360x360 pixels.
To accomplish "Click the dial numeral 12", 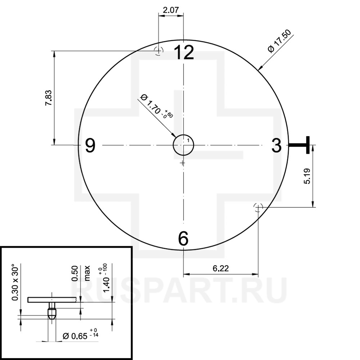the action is click(x=184, y=52).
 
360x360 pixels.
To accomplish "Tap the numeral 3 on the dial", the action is click(x=276, y=145).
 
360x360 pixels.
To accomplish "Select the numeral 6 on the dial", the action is click(x=183, y=239).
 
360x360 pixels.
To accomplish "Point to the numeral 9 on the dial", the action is click(x=90, y=145).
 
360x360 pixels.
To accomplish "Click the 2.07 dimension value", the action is click(x=171, y=10).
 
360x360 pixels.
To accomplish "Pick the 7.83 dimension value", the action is click(x=49, y=98).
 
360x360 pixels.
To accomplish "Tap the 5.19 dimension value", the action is click(x=307, y=176).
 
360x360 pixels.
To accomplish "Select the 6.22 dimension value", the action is click(x=221, y=268).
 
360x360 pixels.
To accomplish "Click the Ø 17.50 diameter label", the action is click(x=279, y=41).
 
